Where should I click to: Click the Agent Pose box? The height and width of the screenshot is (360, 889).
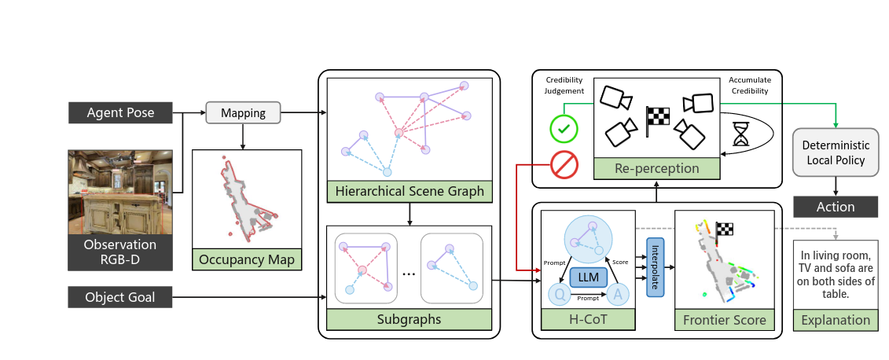(122, 113)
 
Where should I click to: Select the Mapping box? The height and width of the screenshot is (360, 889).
(242, 113)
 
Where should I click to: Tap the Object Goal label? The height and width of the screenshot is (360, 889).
(122, 298)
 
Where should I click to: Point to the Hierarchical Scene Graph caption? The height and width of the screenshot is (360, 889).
(409, 191)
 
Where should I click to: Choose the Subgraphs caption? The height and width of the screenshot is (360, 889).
(409, 320)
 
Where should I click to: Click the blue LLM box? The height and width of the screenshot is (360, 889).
(587, 277)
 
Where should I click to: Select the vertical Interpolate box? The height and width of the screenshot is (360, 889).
(654, 266)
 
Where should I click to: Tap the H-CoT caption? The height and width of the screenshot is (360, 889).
(587, 320)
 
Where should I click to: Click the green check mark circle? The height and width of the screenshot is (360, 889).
(564, 128)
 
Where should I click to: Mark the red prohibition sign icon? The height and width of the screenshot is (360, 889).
(564, 166)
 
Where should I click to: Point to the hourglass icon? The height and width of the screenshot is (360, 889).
(740, 134)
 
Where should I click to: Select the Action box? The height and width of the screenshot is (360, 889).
(835, 207)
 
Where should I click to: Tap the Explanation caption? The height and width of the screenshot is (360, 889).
(835, 320)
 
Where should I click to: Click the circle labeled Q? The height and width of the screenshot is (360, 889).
(559, 295)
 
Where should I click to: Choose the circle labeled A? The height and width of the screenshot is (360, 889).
(617, 295)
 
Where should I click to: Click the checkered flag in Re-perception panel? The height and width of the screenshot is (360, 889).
(656, 116)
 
